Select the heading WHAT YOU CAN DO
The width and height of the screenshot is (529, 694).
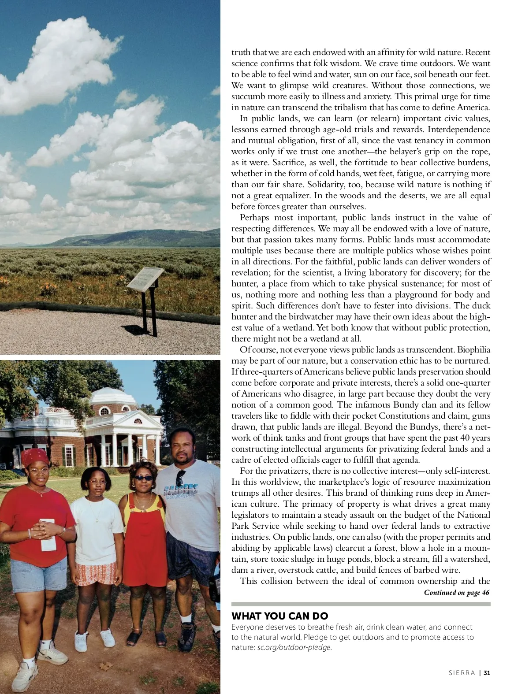279,616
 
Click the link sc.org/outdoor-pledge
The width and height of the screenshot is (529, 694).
294,647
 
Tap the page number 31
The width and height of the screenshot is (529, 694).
487,673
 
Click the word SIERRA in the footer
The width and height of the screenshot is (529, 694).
462,673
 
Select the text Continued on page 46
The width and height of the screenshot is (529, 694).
456,593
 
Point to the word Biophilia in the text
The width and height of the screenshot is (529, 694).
473,350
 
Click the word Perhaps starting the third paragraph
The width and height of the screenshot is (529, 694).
254,218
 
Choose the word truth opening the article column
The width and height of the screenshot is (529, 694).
241,52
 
